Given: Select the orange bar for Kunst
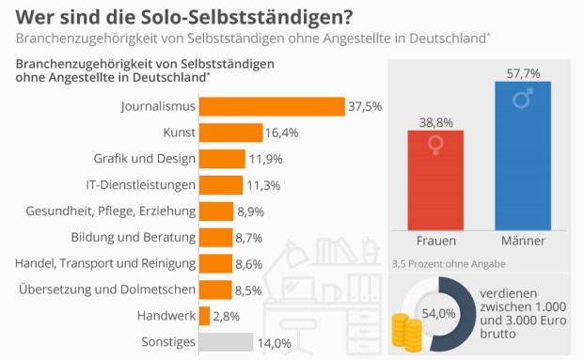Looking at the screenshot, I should click(x=231, y=133).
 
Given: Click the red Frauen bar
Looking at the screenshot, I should click(x=434, y=179).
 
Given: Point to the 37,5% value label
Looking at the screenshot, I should click(x=365, y=106).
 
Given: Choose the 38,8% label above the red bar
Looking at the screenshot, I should click(x=434, y=121).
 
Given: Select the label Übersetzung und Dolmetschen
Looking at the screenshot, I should click(x=107, y=290).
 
